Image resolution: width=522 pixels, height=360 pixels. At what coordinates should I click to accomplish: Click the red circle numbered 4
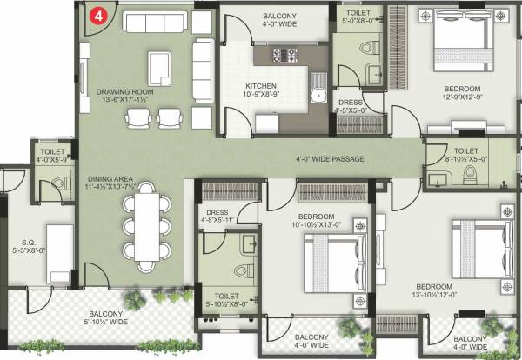101,15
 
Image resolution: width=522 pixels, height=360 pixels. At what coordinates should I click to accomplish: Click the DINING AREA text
111,178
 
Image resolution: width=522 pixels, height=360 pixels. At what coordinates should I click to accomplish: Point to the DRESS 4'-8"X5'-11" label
217,216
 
